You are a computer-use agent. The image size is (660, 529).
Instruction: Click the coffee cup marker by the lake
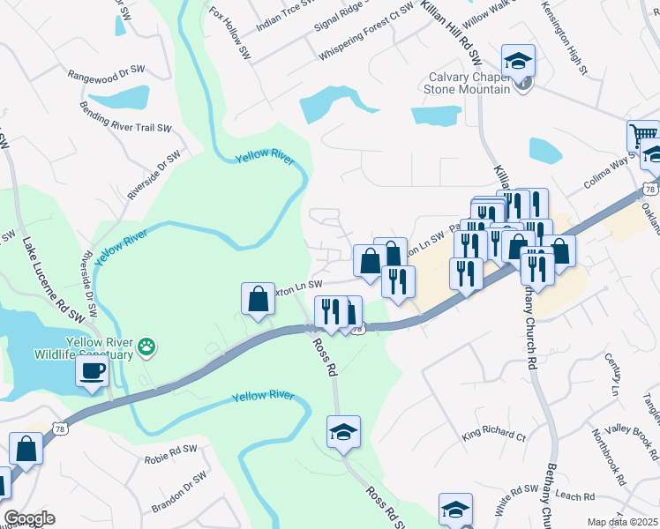pos(92,372)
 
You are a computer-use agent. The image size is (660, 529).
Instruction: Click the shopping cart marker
pos(642,136)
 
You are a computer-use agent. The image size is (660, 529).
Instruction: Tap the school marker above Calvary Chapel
pos(518,61)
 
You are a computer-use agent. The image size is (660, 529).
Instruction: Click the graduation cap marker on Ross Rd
pos(343,432)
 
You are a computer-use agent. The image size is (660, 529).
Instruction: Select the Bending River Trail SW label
pos(125,126)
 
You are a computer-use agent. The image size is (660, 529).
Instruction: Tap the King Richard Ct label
pos(493,436)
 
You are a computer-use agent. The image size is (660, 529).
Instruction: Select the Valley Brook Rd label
pos(638,438)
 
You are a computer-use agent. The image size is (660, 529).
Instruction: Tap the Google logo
pos(30,518)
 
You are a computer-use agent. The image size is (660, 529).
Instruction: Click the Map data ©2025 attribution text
pos(622,522)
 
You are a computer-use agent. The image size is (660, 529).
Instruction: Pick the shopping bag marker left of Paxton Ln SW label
pos(258,299)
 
